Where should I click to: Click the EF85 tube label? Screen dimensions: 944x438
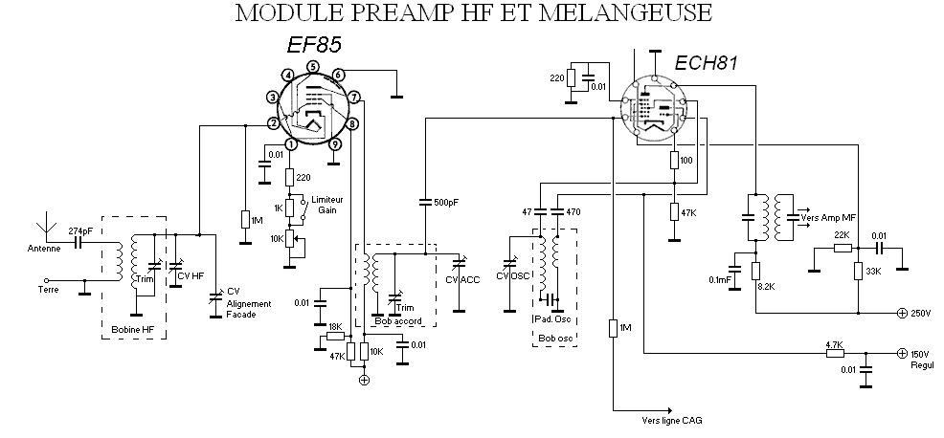click(x=314, y=45)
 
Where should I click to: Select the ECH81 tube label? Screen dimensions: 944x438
click(x=705, y=63)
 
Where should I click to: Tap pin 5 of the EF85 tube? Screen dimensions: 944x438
click(x=312, y=67)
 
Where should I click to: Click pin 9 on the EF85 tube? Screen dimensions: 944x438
click(x=335, y=144)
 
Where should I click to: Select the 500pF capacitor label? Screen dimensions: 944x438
click(x=446, y=202)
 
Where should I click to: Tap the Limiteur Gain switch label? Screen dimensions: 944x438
click(x=324, y=205)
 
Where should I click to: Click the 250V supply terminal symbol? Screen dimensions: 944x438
click(x=901, y=313)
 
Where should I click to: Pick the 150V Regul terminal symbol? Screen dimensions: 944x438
click(x=901, y=353)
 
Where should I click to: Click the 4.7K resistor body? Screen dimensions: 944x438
click(x=835, y=353)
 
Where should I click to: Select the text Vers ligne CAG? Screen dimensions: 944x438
click(x=672, y=421)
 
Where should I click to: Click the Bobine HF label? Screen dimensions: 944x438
click(x=132, y=330)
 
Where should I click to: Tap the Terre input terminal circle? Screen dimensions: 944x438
click(x=47, y=280)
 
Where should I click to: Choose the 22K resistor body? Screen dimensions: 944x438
click(x=843, y=248)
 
